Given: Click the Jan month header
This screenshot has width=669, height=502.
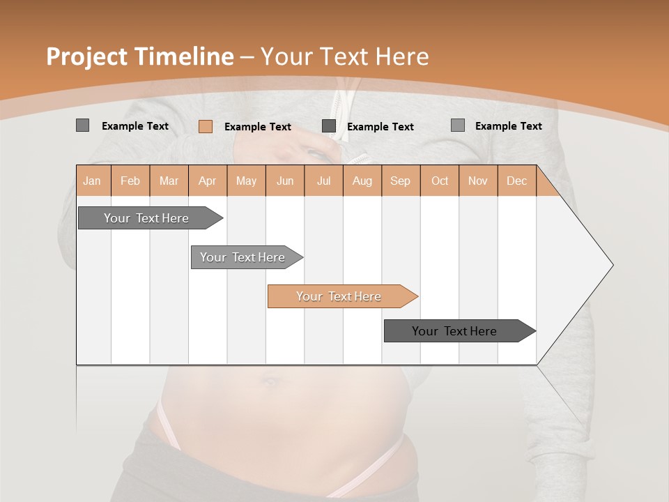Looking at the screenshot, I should coord(93,181).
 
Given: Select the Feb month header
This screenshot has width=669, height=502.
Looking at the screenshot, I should coord(130,181).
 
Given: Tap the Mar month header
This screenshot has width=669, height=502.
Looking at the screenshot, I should coord(169,181).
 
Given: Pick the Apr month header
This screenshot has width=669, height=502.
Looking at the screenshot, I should coord(208,181).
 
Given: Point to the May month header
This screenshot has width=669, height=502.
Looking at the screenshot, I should coord(246,181).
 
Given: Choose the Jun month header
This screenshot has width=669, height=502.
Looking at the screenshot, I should coord(285,181).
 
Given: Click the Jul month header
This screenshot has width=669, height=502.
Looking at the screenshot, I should coord(323,181).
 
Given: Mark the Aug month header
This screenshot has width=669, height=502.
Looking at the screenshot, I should coord(362,181).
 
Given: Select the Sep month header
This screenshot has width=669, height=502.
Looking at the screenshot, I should coord(401,181).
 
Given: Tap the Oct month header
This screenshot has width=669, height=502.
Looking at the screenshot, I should coord(440,181).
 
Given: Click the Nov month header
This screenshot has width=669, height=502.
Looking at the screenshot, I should coord(478,181).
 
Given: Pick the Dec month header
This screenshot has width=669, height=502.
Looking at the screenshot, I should coord(517,181).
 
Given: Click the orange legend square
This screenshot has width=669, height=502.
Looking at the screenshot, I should coord(206,126).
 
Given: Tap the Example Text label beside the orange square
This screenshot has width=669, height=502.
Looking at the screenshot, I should coord(258,127).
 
